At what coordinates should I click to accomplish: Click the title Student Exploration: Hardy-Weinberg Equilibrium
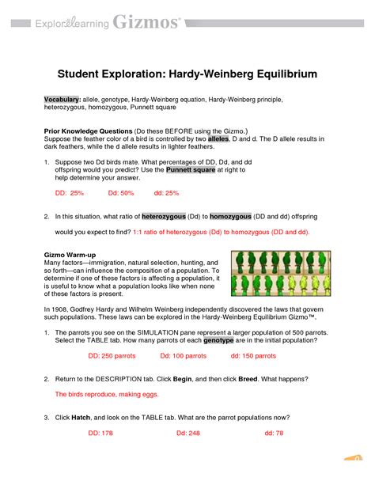click(x=187, y=74)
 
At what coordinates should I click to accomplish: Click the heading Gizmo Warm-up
click(x=74, y=255)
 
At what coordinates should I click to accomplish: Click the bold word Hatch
click(x=80, y=417)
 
